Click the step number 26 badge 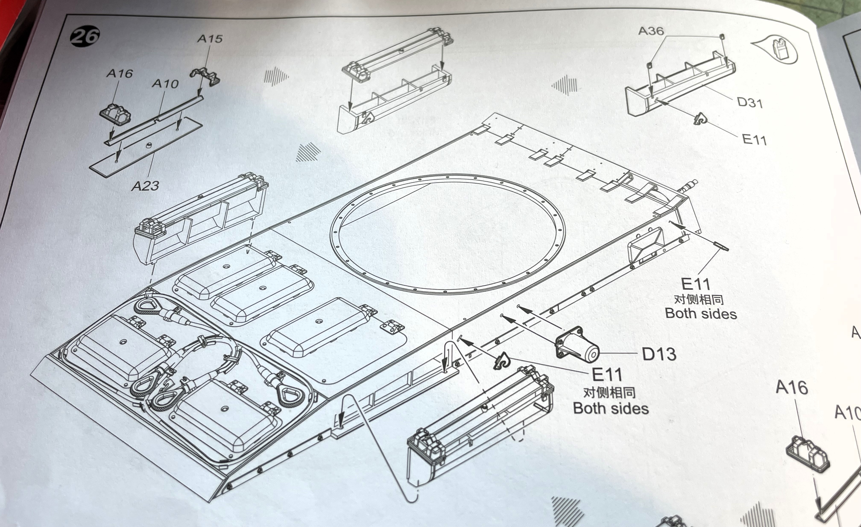85,36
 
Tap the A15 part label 210,38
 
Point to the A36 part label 651,31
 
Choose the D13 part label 659,354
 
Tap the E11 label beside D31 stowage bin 754,140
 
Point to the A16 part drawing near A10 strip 115,114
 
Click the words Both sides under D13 611,408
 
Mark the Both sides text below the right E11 701,313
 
